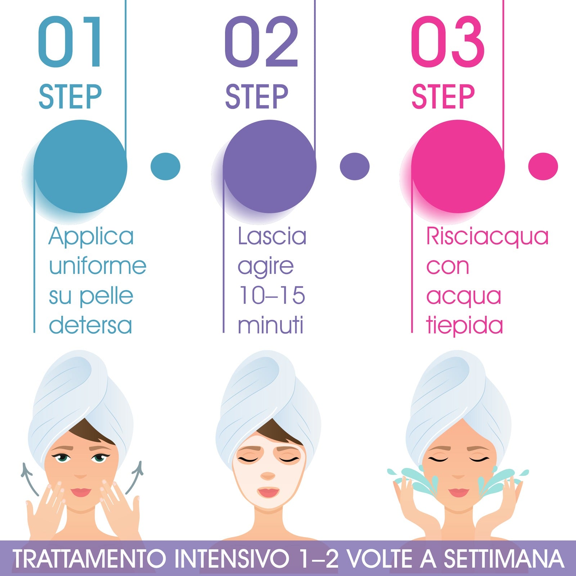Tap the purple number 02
tap(261, 42)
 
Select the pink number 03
tap(447, 42)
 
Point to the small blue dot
tap(165, 166)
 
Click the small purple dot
tap(355, 166)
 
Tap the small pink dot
tap(543, 166)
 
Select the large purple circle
tap(269, 166)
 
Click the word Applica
tap(91, 237)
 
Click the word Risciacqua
tap(487, 237)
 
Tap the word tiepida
tap(464, 325)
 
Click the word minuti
tap(271, 325)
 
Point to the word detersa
tap(90, 325)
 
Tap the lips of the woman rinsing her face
tap(459, 492)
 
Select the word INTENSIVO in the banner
tap(232, 559)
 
